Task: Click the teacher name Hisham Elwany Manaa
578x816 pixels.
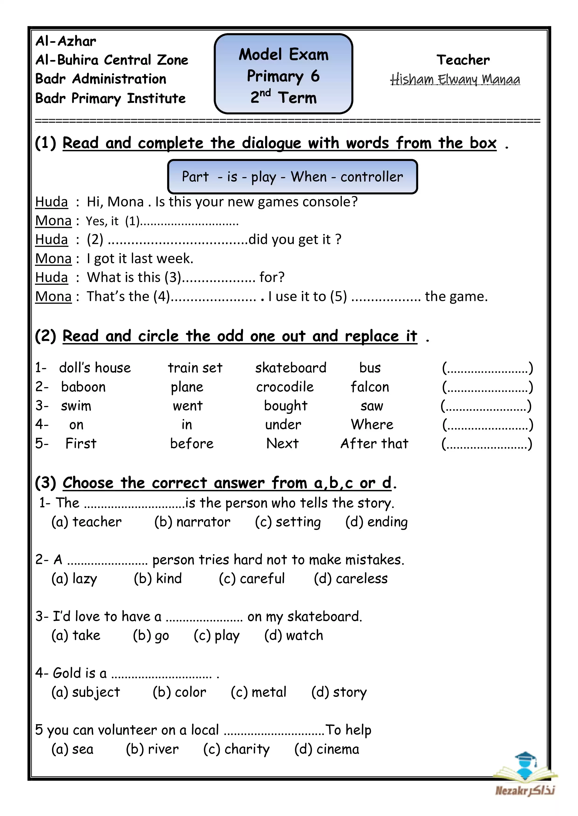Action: (455, 79)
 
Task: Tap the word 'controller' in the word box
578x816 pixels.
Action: (372, 177)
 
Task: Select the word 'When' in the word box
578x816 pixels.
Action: (309, 177)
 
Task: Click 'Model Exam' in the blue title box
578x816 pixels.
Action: (284, 55)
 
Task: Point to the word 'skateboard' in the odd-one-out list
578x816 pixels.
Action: (291, 368)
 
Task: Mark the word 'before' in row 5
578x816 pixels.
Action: (192, 444)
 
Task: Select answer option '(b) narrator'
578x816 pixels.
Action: (192, 522)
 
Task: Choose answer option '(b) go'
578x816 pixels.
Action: (151, 635)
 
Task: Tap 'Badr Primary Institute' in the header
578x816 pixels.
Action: (110, 98)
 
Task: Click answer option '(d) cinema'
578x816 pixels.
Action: (326, 749)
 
